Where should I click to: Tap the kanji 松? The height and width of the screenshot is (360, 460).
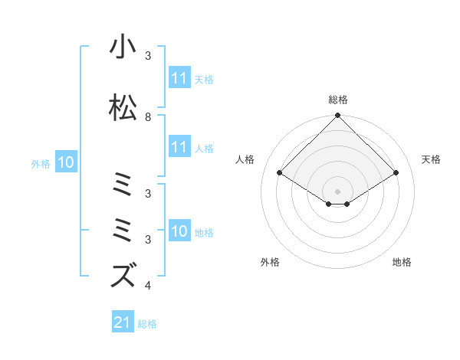pyautogui.click(x=123, y=108)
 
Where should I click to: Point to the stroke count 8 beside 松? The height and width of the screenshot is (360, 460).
pyautogui.click(x=148, y=117)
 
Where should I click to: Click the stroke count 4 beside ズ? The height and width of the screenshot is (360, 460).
pyautogui.click(x=148, y=286)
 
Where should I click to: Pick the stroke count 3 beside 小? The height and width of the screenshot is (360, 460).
pyautogui.click(x=148, y=56)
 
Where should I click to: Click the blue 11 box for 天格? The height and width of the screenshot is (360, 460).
pyautogui.click(x=179, y=78)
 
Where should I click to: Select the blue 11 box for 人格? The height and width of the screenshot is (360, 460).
pyautogui.click(x=179, y=147)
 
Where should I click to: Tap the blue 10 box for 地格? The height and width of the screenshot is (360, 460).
pyautogui.click(x=179, y=231)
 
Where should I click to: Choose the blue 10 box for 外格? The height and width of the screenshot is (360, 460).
pyautogui.click(x=65, y=162)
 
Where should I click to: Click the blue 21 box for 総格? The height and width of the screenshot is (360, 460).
pyautogui.click(x=123, y=322)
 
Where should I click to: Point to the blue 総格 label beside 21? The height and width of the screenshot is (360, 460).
pyautogui.click(x=147, y=323)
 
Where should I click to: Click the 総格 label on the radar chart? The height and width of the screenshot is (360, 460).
pyautogui.click(x=338, y=100)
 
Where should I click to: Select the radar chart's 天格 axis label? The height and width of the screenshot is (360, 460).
pyautogui.click(x=432, y=159)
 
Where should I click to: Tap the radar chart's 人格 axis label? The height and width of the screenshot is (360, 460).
pyautogui.click(x=245, y=159)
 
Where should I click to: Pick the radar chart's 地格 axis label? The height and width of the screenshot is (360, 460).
pyautogui.click(x=402, y=262)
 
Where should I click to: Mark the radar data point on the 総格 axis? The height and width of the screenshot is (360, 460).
pyautogui.click(x=338, y=116)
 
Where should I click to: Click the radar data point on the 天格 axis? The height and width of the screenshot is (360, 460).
pyautogui.click(x=396, y=173)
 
